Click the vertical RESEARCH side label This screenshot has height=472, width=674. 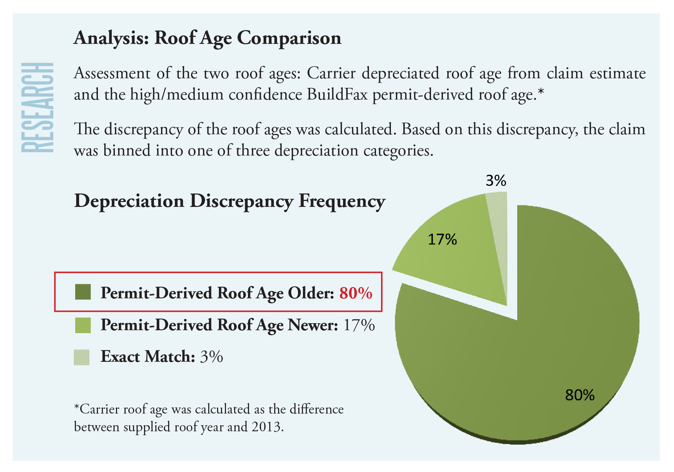[x=38, y=107]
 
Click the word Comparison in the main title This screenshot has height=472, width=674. [x=289, y=38]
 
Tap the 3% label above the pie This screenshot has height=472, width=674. [x=496, y=181]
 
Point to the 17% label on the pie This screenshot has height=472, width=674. [x=442, y=240]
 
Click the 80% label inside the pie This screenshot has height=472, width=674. [x=580, y=395]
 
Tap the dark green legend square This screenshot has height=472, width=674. [x=83, y=292]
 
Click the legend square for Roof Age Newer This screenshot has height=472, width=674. [x=83, y=325]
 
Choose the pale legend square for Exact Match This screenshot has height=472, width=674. [x=82, y=357]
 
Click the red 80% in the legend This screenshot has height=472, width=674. [x=356, y=293]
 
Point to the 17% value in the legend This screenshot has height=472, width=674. [x=359, y=325]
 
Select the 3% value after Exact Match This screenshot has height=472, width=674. [x=211, y=357]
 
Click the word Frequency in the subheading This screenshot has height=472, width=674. [x=342, y=201]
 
